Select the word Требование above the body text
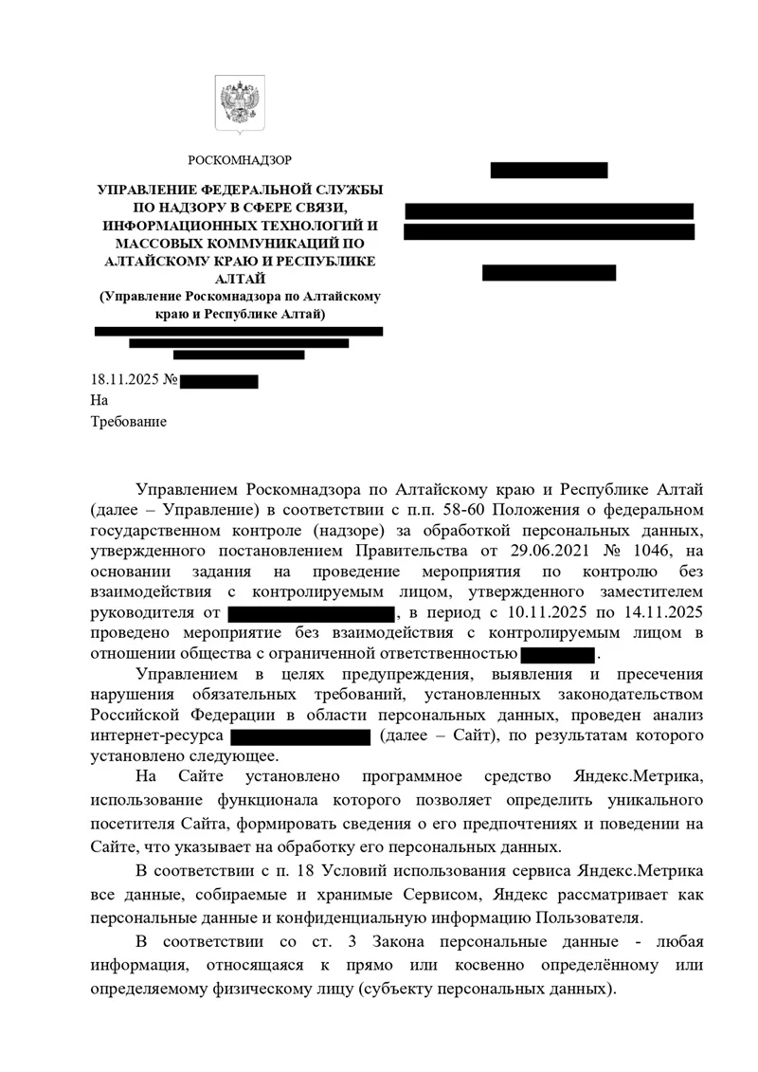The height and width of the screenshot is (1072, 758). click(x=128, y=422)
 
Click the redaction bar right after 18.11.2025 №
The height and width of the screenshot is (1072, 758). click(x=219, y=382)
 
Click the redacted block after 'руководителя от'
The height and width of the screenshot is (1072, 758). click(x=312, y=613)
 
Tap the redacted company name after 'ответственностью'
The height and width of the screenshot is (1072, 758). click(x=557, y=654)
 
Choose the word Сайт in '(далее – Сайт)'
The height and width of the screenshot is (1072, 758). click(x=457, y=736)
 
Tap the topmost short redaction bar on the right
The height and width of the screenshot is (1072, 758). click(x=549, y=171)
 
